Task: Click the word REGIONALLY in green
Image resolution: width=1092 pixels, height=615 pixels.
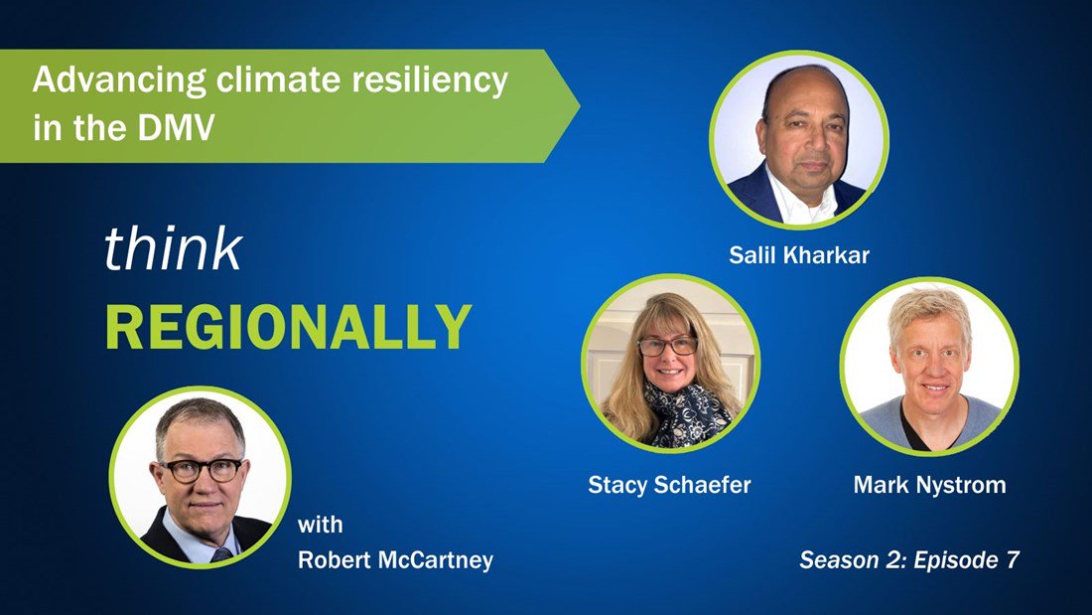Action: [288, 327]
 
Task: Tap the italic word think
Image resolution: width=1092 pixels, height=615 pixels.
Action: [173, 248]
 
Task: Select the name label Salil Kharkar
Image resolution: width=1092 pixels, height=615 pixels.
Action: [799, 255]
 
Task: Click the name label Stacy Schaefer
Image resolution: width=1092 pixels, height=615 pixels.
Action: [669, 485]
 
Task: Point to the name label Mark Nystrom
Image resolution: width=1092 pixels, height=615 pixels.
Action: [930, 485]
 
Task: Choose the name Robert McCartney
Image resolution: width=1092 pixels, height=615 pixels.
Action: [395, 560]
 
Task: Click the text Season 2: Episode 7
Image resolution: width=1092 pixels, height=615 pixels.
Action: [909, 560]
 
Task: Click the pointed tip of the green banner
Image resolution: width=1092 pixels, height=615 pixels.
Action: [579, 106]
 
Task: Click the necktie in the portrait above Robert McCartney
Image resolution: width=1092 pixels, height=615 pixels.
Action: [221, 554]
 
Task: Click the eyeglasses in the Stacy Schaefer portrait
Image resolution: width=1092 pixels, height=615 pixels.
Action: [667, 346]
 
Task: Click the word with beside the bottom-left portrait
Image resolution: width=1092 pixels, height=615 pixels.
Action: [321, 525]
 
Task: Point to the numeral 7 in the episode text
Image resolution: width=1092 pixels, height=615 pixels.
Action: [1013, 560]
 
